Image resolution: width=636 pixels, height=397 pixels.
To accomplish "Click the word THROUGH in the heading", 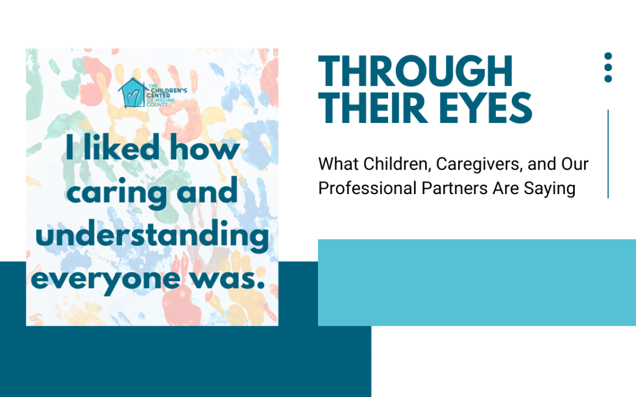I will [x=416, y=72].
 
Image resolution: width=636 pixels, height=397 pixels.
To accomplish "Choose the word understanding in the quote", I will [x=152, y=236].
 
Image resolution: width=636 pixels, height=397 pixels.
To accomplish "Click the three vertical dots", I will [x=608, y=67].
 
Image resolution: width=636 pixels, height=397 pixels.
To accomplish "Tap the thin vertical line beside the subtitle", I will [x=608, y=154].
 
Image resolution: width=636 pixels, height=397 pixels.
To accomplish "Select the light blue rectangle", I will [x=477, y=282].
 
